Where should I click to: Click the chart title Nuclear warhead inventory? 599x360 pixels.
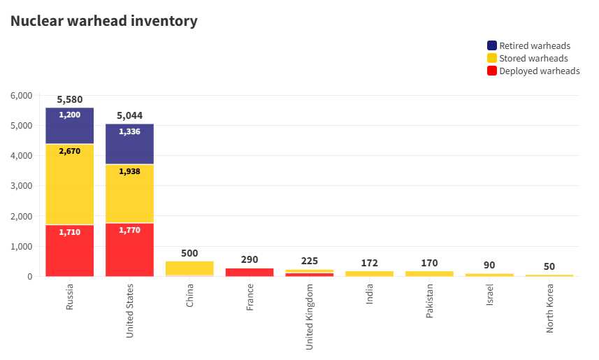(x=104, y=21)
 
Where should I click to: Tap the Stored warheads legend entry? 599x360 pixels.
(x=528, y=58)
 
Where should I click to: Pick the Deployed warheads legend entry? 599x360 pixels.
(x=533, y=71)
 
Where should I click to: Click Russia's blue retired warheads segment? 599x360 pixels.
(x=69, y=126)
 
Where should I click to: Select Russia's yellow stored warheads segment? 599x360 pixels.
(x=69, y=185)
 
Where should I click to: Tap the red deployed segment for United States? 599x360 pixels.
(x=129, y=250)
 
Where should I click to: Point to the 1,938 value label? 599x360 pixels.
(x=129, y=171)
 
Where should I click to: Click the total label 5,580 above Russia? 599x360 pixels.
(x=69, y=99)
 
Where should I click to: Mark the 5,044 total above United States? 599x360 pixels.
(x=129, y=115)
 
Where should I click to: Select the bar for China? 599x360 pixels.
(x=189, y=268)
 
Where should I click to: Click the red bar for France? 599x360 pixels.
(x=250, y=272)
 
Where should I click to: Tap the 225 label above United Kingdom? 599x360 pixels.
(x=310, y=261)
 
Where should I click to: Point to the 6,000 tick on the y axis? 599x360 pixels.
(x=22, y=96)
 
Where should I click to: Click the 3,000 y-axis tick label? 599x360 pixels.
(x=22, y=186)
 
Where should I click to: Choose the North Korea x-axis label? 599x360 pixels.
(x=549, y=308)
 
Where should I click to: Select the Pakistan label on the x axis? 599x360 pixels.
(x=429, y=301)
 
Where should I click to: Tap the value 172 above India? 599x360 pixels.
(x=370, y=263)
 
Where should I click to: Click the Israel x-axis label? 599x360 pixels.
(x=489, y=294)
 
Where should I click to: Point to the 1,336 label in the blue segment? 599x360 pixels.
(x=129, y=131)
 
